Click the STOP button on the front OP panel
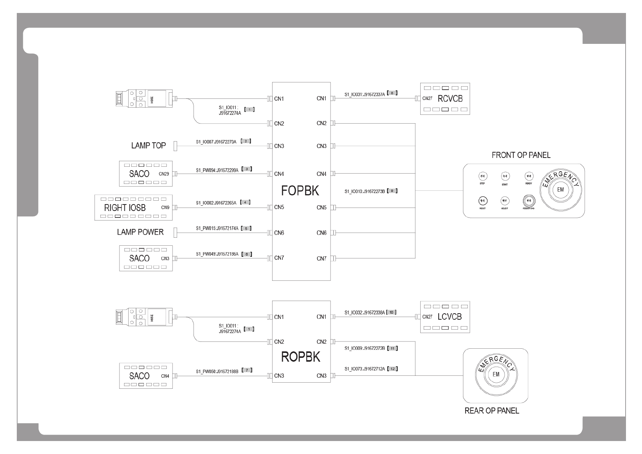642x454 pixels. (x=482, y=176)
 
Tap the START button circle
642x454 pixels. (x=505, y=176)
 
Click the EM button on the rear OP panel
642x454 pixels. (x=496, y=374)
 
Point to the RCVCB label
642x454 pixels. (x=450, y=99)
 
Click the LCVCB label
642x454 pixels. (x=449, y=317)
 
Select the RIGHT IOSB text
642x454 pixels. (x=125, y=208)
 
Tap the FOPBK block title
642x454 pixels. (x=300, y=191)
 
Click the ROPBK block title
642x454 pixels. (x=300, y=357)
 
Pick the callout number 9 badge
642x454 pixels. (x=392, y=191)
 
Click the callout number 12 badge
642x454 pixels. (x=392, y=369)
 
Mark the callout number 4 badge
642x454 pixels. (x=245, y=202)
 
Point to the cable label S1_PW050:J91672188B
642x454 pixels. (x=217, y=371)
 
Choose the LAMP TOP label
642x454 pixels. (x=148, y=146)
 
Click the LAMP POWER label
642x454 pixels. (x=140, y=232)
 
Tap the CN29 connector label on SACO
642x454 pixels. (x=164, y=174)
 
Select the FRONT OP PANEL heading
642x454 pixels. (x=521, y=155)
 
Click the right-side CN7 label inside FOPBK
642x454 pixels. (x=321, y=259)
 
